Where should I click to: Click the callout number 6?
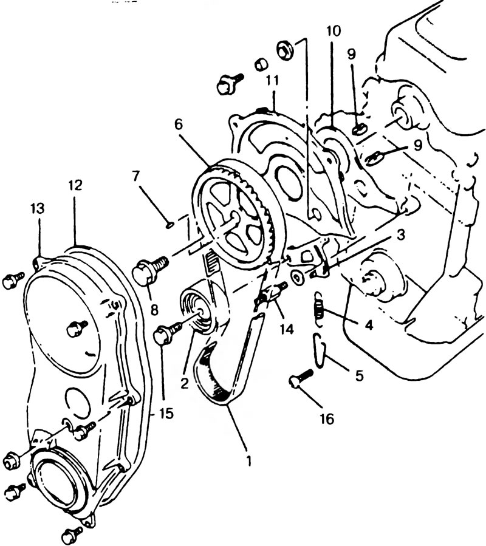pyautogui.click(x=179, y=125)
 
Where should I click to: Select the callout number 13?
pyautogui.click(x=38, y=208)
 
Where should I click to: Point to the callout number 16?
pyautogui.click(x=327, y=419)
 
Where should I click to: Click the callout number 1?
pyautogui.click(x=248, y=461)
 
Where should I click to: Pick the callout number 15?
pyautogui.click(x=165, y=414)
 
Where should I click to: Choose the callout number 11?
pyautogui.click(x=272, y=80)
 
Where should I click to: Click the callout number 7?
pyautogui.click(x=137, y=177)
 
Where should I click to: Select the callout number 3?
pyautogui.click(x=400, y=234)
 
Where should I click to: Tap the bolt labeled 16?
pyautogui.click(x=300, y=378)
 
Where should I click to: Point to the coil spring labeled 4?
pyautogui.click(x=319, y=309)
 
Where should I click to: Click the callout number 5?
pyautogui.click(x=359, y=375)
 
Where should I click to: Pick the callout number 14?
pyautogui.click(x=287, y=329)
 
